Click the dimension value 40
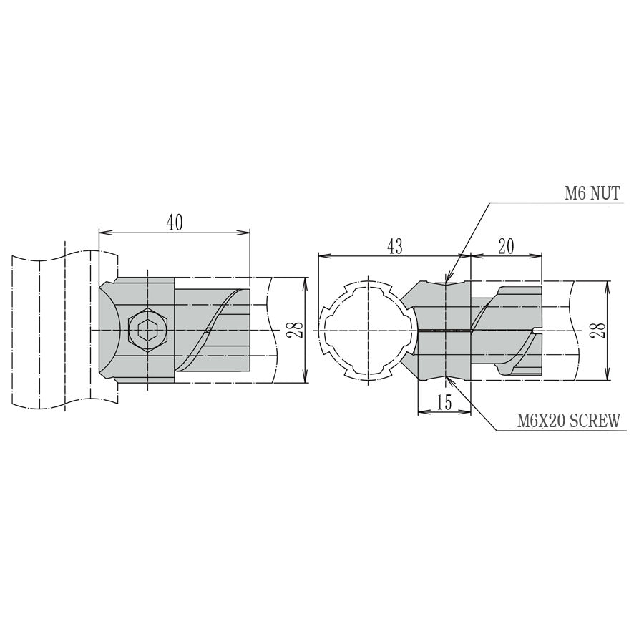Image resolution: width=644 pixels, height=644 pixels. click(175, 223)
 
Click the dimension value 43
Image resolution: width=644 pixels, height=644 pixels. click(394, 246)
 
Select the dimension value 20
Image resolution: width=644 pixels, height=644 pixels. click(507, 246)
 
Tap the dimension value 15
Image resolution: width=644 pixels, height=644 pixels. click(444, 402)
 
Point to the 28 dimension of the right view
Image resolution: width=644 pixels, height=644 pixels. click(599, 330)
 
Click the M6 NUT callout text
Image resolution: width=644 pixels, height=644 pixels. click(591, 193)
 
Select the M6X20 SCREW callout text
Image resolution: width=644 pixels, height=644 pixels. click(569, 421)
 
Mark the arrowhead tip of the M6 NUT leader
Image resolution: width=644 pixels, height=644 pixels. click(446, 283)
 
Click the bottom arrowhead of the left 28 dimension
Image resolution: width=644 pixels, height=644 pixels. click(306, 381)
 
